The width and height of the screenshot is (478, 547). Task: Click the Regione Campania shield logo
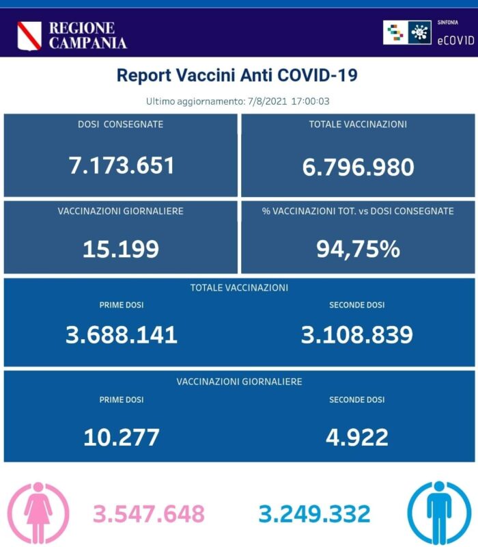(29, 36)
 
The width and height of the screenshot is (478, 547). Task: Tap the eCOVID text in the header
(455, 40)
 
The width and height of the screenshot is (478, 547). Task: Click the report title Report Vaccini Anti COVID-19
(237, 75)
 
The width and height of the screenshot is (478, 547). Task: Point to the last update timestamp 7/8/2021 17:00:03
(287, 101)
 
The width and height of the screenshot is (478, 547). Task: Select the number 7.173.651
(122, 165)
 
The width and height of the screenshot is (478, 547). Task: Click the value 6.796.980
(358, 166)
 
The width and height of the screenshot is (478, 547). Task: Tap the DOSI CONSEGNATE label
(120, 124)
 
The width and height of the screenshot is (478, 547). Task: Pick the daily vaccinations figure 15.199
(120, 249)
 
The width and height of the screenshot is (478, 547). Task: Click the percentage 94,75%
(358, 249)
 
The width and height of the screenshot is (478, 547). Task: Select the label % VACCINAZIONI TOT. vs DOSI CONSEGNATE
(358, 211)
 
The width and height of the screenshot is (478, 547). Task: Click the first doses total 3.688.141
(122, 334)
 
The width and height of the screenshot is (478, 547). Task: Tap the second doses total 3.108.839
(356, 334)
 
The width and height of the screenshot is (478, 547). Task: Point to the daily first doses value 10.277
(122, 436)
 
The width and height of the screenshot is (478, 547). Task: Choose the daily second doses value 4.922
(356, 436)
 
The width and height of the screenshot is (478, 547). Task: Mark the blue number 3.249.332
(315, 513)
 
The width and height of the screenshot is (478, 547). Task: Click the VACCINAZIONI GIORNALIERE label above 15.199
(120, 211)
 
